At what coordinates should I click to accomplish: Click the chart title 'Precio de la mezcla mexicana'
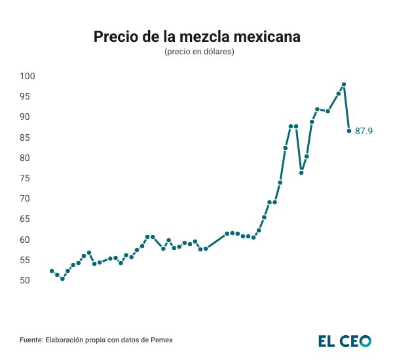pyautogui.click(x=196, y=37)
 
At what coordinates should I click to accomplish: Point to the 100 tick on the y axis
pyautogui.click(x=26, y=76)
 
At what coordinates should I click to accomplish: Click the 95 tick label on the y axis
pyautogui.click(x=26, y=96)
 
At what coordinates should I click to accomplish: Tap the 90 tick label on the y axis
pyautogui.click(x=26, y=117)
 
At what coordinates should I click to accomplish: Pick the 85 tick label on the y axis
pyautogui.click(x=26, y=137)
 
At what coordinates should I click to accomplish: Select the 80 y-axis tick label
pyautogui.click(x=26, y=158)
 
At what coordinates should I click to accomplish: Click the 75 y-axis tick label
pyautogui.click(x=26, y=178)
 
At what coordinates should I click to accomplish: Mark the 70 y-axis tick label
pyautogui.click(x=26, y=198)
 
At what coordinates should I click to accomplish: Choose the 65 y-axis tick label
pyautogui.click(x=26, y=219)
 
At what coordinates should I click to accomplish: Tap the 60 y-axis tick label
pyautogui.click(x=26, y=240)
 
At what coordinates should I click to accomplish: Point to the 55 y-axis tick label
pyautogui.click(x=26, y=260)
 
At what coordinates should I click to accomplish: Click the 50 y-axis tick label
pyautogui.click(x=26, y=280)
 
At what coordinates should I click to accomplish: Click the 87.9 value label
pyautogui.click(x=364, y=132)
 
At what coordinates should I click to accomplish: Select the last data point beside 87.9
pyautogui.click(x=349, y=131)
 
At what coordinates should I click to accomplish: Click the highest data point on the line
pyautogui.click(x=344, y=84)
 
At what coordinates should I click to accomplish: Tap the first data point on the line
pyautogui.click(x=52, y=271)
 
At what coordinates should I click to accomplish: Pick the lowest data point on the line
pyautogui.click(x=62, y=279)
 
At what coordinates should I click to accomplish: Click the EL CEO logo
pyautogui.click(x=345, y=340)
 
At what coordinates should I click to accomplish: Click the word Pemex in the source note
pyautogui.click(x=162, y=340)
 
